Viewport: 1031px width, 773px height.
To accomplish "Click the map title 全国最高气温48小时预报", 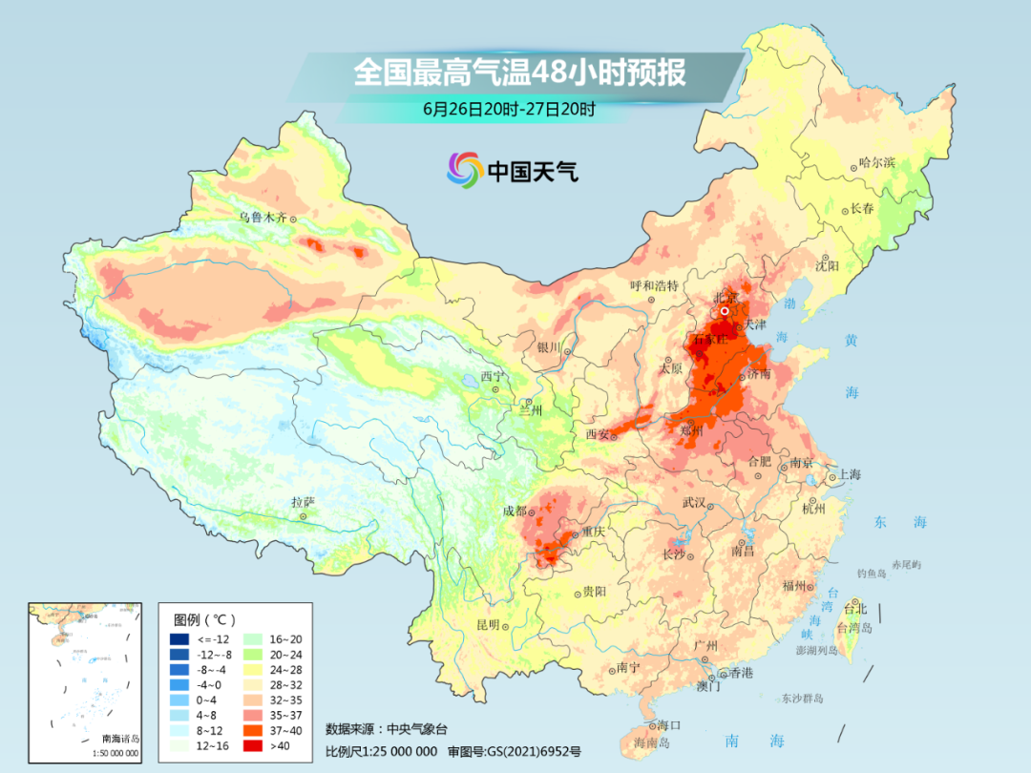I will pos(519,73).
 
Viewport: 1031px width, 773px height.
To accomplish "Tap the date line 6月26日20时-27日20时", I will pos(509,109).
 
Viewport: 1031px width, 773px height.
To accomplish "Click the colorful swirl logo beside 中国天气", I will pos(465,171).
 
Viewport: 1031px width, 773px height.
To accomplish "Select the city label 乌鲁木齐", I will pos(262,218).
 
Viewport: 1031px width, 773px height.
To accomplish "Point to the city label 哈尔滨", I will pos(876,163).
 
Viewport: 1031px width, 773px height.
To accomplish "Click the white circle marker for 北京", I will pos(725,310).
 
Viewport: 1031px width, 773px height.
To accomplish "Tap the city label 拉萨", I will pos(303,502).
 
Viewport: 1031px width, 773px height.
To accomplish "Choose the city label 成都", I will pos(515,511).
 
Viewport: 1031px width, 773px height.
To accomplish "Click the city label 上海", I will pos(849,475).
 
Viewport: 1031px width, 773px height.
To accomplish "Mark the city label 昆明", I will pos(488,625).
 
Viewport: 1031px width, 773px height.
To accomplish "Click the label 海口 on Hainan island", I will pos(668,726).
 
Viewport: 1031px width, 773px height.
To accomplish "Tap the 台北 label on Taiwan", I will pos(854,608).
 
